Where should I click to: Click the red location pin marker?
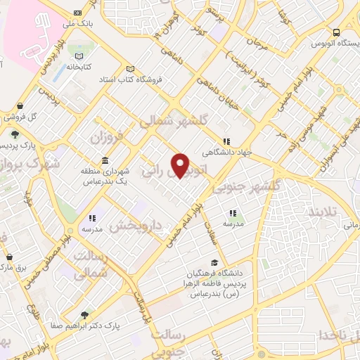[181, 165]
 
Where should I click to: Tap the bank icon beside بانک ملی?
[77, 13]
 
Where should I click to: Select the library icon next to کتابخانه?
[79, 56]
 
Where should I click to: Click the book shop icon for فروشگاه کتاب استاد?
[130, 69]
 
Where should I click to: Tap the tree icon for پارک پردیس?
[15, 134]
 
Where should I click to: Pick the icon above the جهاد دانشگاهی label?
[226, 141]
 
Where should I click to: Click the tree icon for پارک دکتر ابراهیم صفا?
[85, 315]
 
